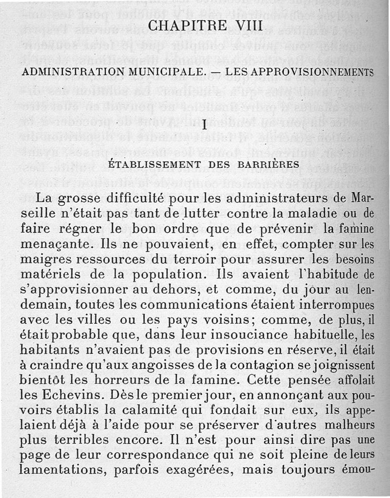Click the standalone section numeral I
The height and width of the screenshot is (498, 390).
[205, 125]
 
